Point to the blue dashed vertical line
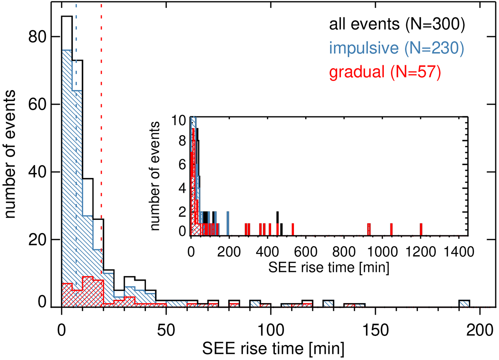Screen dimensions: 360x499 point(76,125)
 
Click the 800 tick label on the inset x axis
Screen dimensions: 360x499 point(344,251)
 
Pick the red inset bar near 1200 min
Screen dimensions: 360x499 point(421,229)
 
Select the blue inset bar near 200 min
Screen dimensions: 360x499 point(228,224)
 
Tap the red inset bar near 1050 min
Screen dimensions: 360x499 point(391,229)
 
